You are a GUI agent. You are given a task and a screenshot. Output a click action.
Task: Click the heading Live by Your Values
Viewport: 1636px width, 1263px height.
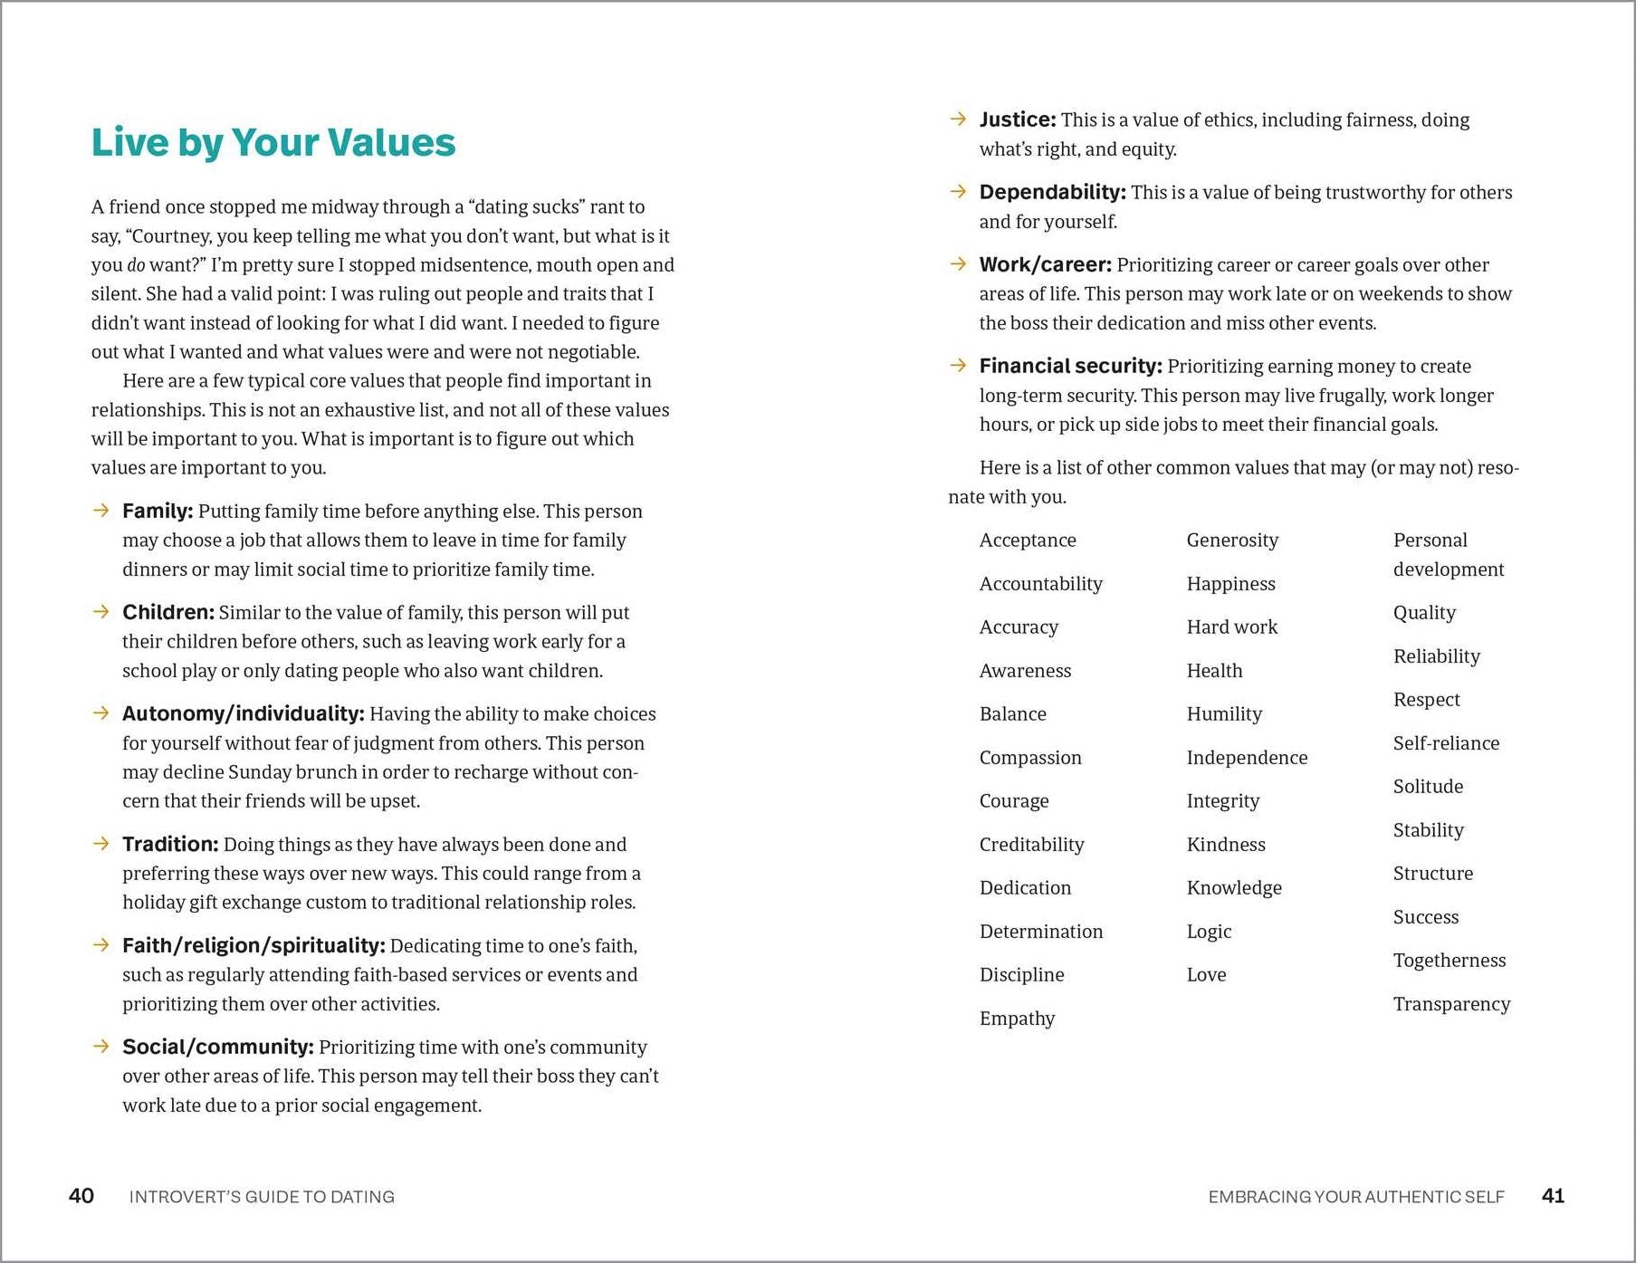pos(273,143)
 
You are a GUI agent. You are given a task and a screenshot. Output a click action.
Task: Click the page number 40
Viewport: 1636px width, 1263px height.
pos(81,1196)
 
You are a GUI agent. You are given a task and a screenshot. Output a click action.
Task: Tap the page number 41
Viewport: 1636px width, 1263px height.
pos(1553,1196)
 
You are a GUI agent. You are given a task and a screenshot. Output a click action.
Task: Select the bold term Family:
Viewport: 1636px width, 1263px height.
pos(158,512)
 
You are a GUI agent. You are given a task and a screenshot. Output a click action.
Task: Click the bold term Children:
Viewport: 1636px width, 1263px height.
pos(168,613)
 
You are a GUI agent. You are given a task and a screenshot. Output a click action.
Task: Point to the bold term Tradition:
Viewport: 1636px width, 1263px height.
pos(170,845)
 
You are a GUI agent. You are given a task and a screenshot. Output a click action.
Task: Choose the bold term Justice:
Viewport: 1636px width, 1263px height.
pos(1018,120)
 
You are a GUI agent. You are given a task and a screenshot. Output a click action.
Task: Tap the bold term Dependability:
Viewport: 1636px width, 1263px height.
pos(1052,193)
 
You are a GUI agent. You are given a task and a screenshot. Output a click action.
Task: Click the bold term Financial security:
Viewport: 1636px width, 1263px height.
pos(1070,367)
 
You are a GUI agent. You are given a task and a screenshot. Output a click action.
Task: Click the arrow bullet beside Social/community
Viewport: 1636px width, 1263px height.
pos(100,1047)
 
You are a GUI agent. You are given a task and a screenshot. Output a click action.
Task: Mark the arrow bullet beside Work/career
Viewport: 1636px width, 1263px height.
pos(958,264)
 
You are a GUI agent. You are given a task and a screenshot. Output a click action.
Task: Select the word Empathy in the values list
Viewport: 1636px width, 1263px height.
pos(1017,1019)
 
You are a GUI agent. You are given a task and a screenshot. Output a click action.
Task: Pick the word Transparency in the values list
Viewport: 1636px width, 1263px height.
pos(1451,1004)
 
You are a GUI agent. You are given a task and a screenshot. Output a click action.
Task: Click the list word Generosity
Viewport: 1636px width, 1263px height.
pos(1232,541)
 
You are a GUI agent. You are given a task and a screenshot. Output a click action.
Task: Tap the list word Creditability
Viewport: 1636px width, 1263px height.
pos(1031,845)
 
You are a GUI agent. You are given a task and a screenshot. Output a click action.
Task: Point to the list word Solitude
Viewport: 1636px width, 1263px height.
pos(1428,787)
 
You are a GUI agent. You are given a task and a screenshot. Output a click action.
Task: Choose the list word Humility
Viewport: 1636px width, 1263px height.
pos(1224,714)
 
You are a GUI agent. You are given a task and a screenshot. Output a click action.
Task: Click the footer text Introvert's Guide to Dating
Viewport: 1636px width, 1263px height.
pos(262,1197)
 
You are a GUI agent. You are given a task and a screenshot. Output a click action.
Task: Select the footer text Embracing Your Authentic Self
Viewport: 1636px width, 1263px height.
pos(1355,1197)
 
